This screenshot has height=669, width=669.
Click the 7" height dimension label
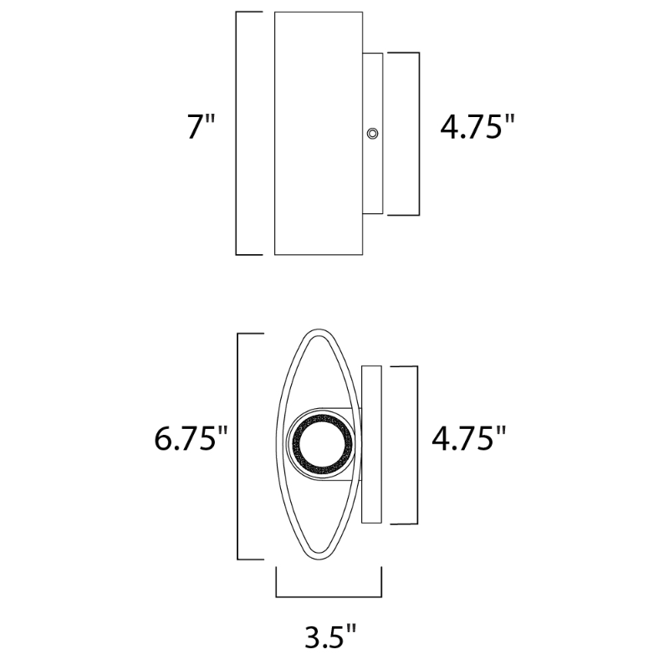(202, 126)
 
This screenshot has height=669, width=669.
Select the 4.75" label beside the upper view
(477, 126)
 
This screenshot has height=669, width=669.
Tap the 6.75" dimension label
(191, 438)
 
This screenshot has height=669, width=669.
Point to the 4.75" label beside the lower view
(469, 438)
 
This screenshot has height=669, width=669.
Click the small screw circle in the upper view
(372, 134)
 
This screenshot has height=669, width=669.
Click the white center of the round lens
(320, 445)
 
